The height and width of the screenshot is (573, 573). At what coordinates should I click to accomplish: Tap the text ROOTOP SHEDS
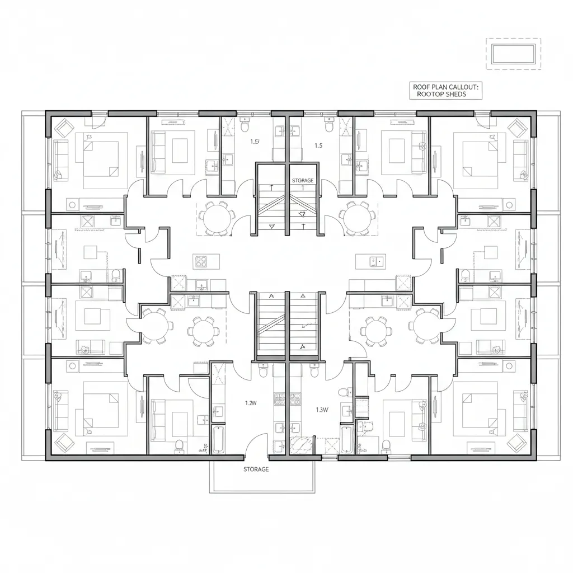click(x=442, y=95)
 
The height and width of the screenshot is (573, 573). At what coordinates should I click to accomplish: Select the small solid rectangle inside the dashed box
click(x=513, y=54)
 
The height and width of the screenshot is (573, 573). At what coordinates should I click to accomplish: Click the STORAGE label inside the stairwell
click(x=303, y=181)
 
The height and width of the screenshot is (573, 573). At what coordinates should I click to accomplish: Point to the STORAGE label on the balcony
click(x=256, y=469)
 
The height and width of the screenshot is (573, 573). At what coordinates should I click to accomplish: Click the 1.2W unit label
click(x=250, y=402)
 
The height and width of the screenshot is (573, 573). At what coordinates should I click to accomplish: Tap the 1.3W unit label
click(x=322, y=409)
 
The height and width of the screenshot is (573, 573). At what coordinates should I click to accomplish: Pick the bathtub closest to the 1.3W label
click(x=346, y=440)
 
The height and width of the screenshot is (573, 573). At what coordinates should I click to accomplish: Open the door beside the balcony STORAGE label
click(x=256, y=445)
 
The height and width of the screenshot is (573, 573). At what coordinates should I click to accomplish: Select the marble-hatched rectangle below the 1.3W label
click(x=303, y=445)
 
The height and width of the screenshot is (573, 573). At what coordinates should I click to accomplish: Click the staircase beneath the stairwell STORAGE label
click(x=287, y=210)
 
